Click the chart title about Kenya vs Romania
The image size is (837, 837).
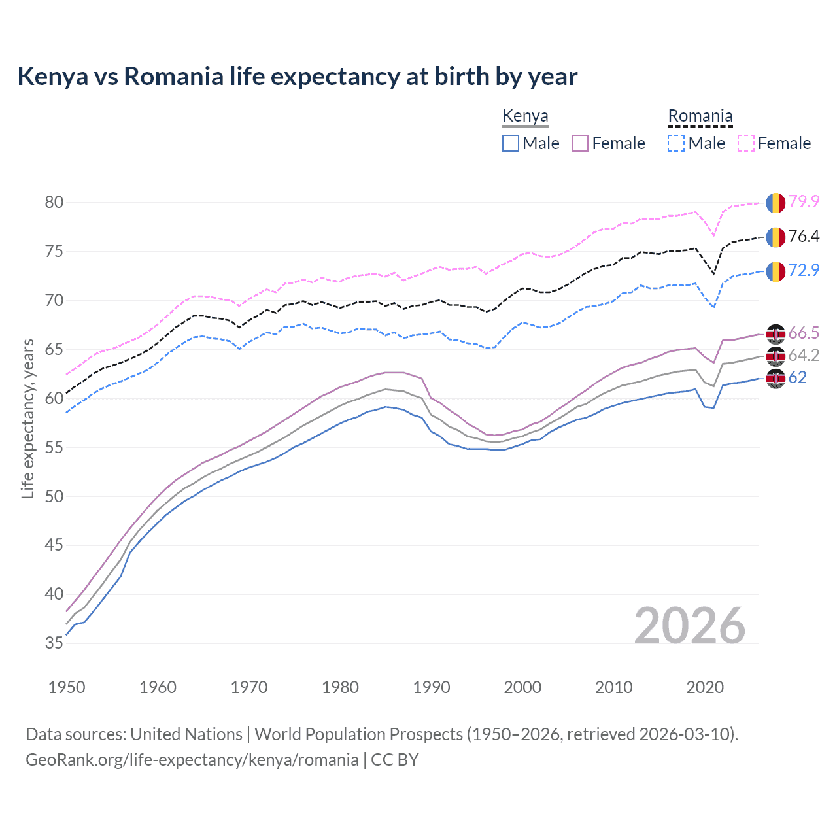[x=298, y=77]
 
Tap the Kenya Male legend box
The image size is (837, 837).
[x=511, y=143]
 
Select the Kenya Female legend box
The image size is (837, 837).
[x=580, y=143]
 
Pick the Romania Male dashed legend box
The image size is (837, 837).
[x=676, y=143]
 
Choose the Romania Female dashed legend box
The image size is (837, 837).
[x=745, y=143]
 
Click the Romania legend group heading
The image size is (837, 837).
[x=700, y=116]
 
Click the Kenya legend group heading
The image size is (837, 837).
[x=525, y=116]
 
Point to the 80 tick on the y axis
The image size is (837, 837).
[x=54, y=203]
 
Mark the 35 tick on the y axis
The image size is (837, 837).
[x=54, y=643]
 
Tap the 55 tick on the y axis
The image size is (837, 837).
[x=54, y=448]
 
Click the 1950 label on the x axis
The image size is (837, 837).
[x=67, y=687]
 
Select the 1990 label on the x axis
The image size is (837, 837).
[x=432, y=687]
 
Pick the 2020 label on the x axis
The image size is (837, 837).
[x=705, y=687]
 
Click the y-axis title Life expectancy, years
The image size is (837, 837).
[x=27, y=418]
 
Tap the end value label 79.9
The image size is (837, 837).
[x=804, y=202]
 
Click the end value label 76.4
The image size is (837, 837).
[x=804, y=237]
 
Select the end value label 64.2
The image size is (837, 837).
[x=804, y=356]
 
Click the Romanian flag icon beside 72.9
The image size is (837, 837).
[x=776, y=271]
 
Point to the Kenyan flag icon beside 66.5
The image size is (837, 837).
[x=776, y=333]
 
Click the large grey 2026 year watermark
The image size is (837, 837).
[x=690, y=626]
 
